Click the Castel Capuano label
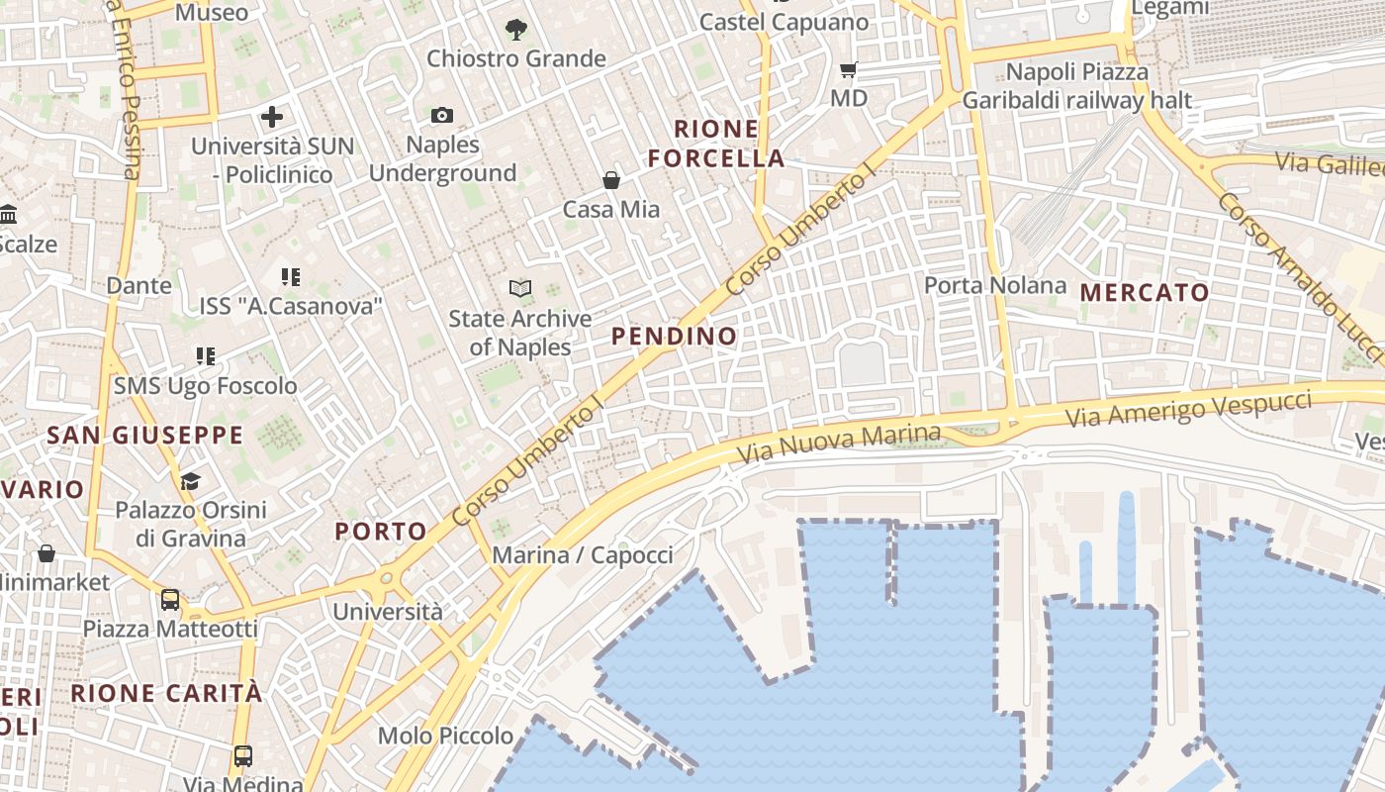784,22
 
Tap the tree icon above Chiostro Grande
515,30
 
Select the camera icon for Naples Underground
442,116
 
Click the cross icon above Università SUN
272,117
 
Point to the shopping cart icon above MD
848,69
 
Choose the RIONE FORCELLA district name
730,144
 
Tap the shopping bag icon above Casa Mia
611,180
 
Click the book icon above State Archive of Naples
520,289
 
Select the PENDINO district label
674,336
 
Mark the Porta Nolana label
995,286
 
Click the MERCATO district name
1145,292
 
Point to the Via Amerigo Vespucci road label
1189,409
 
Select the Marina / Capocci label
583,554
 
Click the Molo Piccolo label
445,736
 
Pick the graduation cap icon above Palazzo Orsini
190,481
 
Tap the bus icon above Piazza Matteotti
170,599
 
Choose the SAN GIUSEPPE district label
145,435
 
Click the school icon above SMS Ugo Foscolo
206,356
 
